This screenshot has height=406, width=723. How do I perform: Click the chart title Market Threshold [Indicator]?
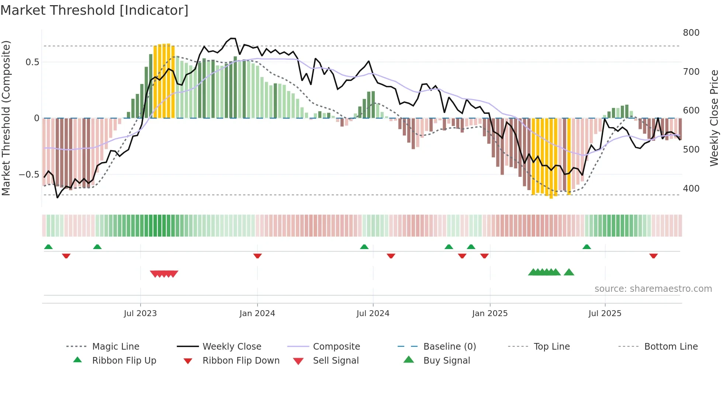[x=94, y=10]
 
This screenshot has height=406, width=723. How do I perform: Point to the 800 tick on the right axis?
[x=691, y=33]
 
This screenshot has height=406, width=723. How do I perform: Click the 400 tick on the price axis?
[x=691, y=189]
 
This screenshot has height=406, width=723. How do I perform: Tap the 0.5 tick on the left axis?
[x=32, y=62]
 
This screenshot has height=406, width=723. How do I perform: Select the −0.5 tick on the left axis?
[x=29, y=175]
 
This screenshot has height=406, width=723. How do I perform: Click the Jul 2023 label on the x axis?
[x=140, y=314]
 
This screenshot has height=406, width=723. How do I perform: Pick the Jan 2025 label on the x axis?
[x=490, y=314]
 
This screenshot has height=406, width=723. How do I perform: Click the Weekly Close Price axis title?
[x=714, y=118]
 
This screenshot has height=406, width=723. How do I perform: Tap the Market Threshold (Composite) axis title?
[x=6, y=118]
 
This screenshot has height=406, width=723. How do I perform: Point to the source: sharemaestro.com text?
[x=653, y=289]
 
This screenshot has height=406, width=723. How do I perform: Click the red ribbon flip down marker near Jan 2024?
[x=257, y=256]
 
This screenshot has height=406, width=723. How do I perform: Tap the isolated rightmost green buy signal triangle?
[x=569, y=272]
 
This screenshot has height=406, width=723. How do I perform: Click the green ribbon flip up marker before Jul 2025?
[x=587, y=246]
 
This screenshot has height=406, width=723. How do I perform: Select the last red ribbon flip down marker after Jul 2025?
[x=653, y=256]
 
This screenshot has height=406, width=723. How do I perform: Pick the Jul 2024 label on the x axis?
[x=373, y=314]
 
